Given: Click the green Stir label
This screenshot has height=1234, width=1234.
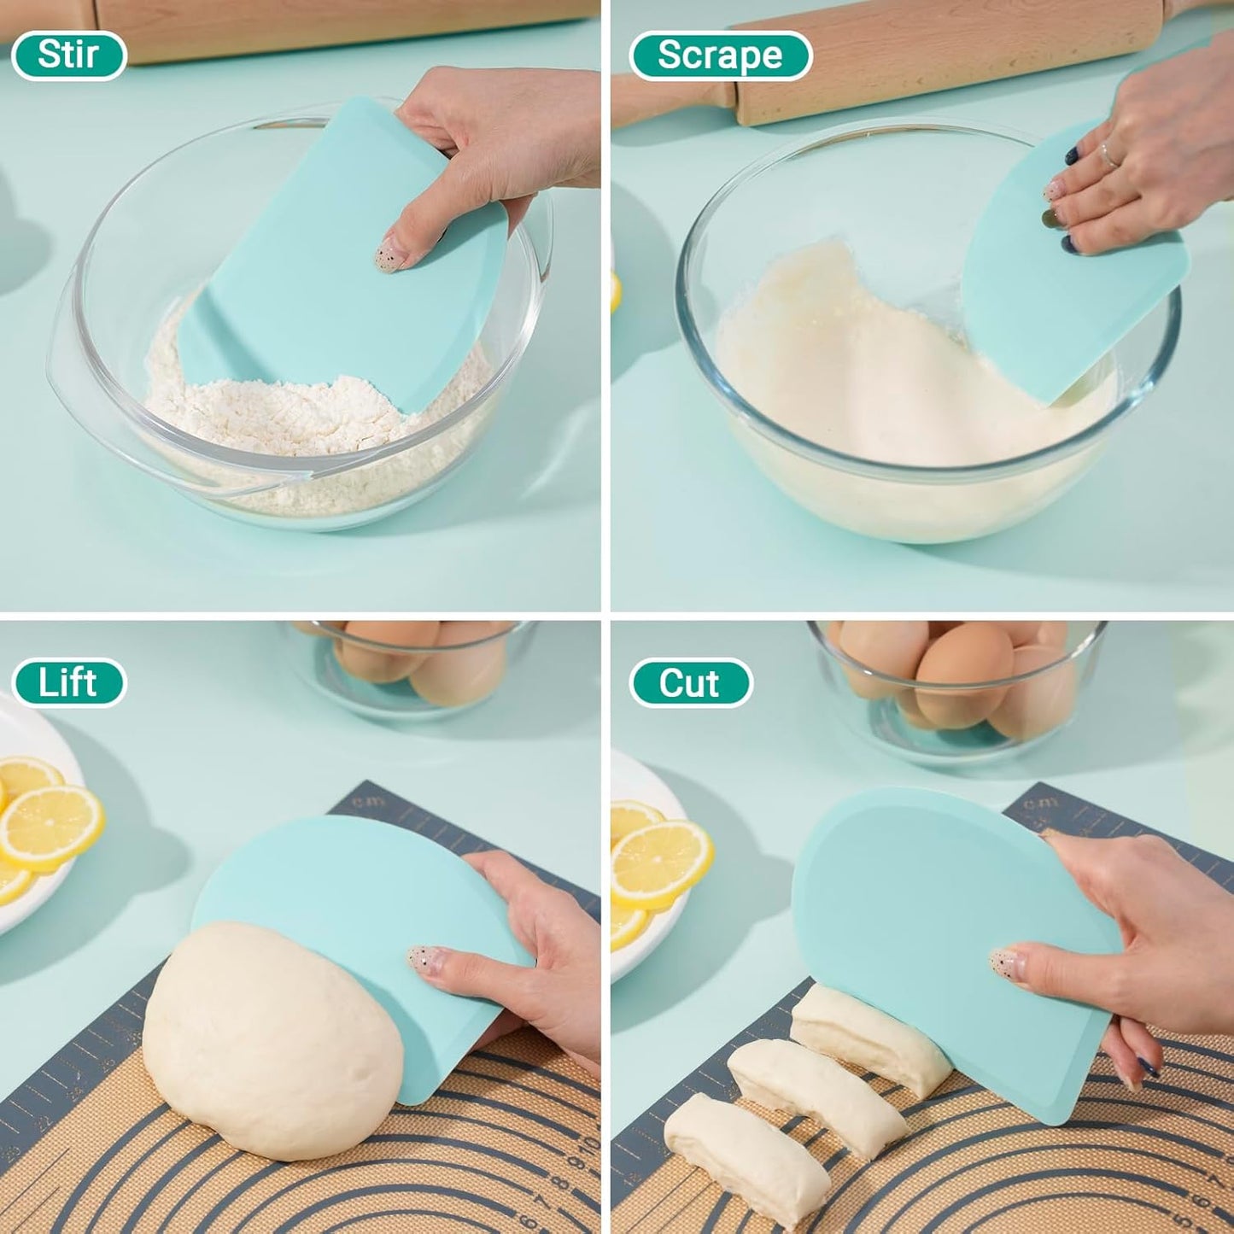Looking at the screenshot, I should click(68, 56).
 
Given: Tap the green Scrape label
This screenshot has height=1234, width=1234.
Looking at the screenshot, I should click(719, 56).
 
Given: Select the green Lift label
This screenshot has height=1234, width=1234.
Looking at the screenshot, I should click(68, 682).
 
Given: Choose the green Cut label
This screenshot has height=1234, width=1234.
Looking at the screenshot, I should click(690, 682).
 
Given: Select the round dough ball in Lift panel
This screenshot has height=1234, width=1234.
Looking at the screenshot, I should click(265, 1042).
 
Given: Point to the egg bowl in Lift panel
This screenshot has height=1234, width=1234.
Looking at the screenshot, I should click(410, 662).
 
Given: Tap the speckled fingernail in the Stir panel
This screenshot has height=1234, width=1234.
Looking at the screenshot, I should click(389, 254).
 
